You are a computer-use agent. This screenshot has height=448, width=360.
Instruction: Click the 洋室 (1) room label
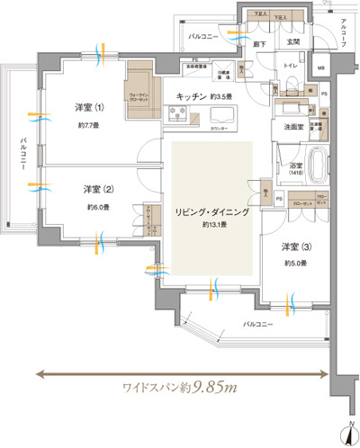tap(89, 108)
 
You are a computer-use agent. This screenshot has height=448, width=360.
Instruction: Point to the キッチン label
tap(194, 95)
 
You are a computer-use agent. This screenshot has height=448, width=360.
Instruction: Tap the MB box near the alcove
tap(321, 68)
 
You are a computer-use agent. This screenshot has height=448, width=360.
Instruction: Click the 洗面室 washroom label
tap(290, 127)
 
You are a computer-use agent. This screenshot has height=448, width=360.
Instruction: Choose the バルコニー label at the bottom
tap(259, 321)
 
